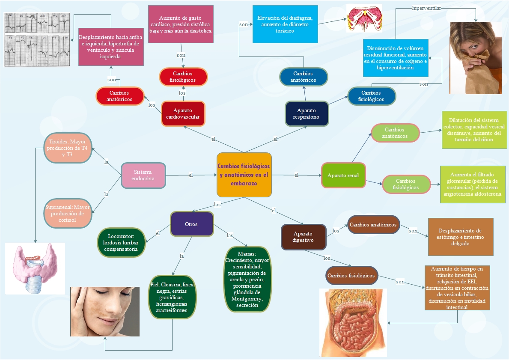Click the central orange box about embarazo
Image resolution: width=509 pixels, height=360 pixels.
pyautogui.click(x=244, y=175)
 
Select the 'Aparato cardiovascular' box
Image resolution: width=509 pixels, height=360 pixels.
pyautogui.click(x=183, y=113)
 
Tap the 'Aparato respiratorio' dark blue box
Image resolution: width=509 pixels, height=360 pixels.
pyautogui.click(x=307, y=113)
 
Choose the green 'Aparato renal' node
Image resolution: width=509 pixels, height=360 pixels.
pyautogui.click(x=343, y=176)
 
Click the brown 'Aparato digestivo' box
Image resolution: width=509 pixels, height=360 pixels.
pyautogui.click(x=303, y=237)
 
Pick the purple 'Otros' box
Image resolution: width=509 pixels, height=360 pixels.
pyautogui.click(x=191, y=224)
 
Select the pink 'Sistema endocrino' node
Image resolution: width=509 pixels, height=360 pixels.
pyautogui.click(x=143, y=176)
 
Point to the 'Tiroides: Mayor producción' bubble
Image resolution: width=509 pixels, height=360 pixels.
pyautogui.click(x=68, y=148)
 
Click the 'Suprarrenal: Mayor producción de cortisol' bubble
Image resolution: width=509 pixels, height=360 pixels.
pyautogui.click(x=68, y=213)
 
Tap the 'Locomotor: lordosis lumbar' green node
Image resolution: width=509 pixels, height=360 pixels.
pyautogui.click(x=121, y=243)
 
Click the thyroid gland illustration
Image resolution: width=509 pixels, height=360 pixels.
pyautogui.click(x=35, y=269)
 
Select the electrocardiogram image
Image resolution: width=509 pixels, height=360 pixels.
pyautogui.click(x=37, y=40)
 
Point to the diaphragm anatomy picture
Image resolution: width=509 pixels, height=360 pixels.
pyautogui.click(x=364, y=18)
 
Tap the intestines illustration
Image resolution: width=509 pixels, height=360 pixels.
pyautogui.click(x=353, y=323)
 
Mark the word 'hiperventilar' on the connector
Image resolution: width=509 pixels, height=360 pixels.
pyautogui.click(x=426, y=8)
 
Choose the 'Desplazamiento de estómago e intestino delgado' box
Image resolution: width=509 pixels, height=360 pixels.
pyautogui.click(x=461, y=237)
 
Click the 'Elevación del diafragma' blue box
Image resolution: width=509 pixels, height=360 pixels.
pyautogui.click(x=285, y=24)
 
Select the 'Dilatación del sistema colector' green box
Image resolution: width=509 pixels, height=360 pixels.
pyautogui.click(x=474, y=130)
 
